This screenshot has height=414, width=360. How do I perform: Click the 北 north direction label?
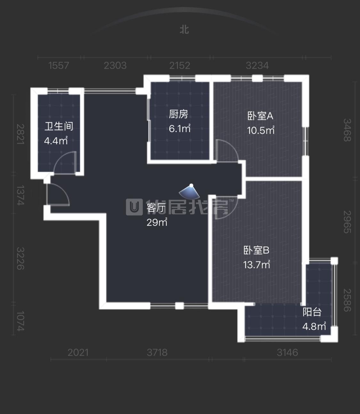pyautogui.click(x=184, y=30)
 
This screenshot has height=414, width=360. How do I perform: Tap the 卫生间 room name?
pyautogui.click(x=59, y=126)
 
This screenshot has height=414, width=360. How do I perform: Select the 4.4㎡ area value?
pyautogui.click(x=56, y=140)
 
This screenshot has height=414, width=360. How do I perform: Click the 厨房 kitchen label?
pyautogui.click(x=178, y=114)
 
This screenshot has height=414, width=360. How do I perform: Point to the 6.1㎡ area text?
pyautogui.click(x=180, y=128)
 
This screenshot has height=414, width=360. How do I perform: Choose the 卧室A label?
pyautogui.click(x=260, y=116)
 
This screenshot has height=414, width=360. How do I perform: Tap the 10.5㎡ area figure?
pyautogui.click(x=261, y=130)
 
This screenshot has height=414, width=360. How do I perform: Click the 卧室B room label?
pyautogui.click(x=256, y=250)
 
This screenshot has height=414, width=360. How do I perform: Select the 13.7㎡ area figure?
pyautogui.click(x=257, y=264)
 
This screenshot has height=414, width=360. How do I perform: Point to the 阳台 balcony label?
pyautogui.click(x=312, y=312)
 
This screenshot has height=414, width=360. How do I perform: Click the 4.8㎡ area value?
pyautogui.click(x=314, y=326)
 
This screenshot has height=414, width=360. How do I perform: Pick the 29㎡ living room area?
pyautogui.click(x=157, y=222)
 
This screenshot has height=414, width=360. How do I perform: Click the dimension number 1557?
pyautogui.click(x=59, y=66)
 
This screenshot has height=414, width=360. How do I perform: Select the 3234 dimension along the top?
pyautogui.click(x=257, y=66)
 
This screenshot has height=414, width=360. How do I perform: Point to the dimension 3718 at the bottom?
pyautogui.click(x=157, y=353)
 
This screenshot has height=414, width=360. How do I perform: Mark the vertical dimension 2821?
pyautogui.click(x=21, y=134)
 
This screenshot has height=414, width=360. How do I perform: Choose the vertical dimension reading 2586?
pyautogui.click(x=347, y=300)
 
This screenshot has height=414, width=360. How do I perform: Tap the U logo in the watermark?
pyautogui.click(x=134, y=207)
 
